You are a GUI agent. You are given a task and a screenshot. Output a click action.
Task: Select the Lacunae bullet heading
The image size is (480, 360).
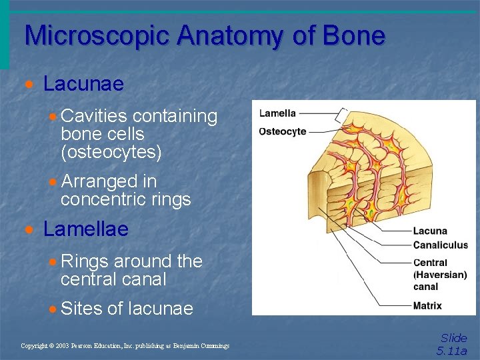[83, 84]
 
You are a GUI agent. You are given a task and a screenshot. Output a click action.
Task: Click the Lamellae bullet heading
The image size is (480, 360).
[85, 229]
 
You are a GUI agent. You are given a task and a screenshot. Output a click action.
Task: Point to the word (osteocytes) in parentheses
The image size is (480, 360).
[111, 153]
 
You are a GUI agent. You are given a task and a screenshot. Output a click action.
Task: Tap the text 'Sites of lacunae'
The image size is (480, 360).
[126, 308]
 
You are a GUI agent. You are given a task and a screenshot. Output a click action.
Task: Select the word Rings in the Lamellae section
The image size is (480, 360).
[84, 261]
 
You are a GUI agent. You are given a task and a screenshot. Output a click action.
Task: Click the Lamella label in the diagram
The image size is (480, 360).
[277, 113]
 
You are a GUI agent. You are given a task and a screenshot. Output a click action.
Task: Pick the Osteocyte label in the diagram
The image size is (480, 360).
[282, 131]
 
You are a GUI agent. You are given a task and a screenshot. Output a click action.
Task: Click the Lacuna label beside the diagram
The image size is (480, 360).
[430, 231]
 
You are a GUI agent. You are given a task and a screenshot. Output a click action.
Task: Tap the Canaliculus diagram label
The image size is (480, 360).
[440, 245]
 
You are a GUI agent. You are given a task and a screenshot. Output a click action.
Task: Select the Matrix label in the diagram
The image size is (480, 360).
[427, 307]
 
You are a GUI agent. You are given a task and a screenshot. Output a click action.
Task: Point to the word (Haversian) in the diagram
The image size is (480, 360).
[440, 275]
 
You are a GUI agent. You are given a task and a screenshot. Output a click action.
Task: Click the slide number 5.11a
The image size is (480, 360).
[452, 351]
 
